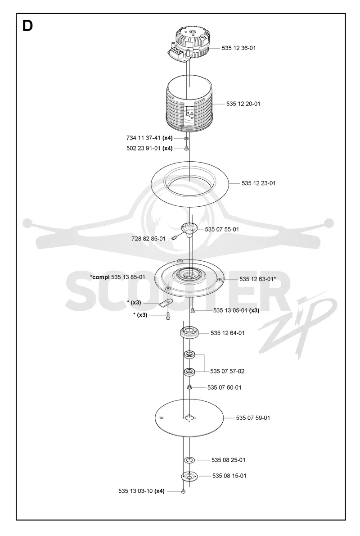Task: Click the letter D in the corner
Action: coord(27,26)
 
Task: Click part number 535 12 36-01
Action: coord(239,48)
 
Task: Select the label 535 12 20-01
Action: coord(243,104)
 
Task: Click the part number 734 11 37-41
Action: coord(144,138)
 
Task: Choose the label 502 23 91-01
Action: coord(144,148)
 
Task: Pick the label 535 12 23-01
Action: coord(259,183)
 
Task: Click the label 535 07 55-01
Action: coord(222,229)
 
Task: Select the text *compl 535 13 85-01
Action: coord(117,277)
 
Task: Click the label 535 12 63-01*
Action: coord(258,279)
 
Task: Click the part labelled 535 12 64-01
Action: coord(189,332)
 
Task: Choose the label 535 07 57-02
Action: coord(228,371)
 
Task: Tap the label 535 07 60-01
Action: coord(225,388)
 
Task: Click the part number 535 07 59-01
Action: coord(253,418)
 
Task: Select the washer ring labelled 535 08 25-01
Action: coord(189,460)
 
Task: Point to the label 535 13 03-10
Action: coord(135,491)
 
